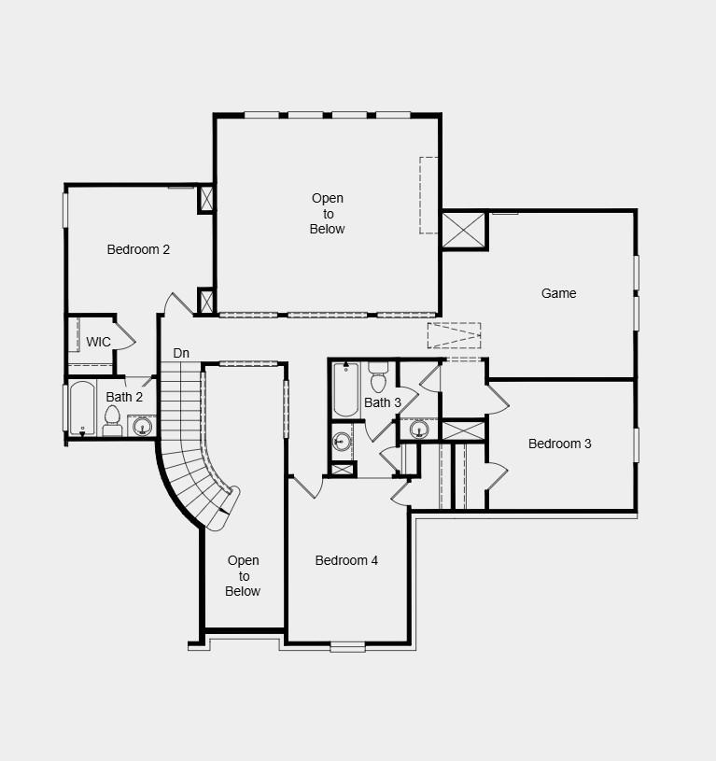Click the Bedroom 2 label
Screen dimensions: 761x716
click(138, 249)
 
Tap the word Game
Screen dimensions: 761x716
click(558, 293)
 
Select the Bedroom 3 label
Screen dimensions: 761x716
click(559, 444)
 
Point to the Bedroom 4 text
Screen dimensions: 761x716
click(346, 560)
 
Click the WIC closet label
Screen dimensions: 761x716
click(98, 342)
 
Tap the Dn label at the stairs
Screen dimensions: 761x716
click(181, 353)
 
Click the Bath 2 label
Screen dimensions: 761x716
click(124, 397)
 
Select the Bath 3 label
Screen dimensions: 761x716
click(383, 402)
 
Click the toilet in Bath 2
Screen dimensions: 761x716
click(113, 422)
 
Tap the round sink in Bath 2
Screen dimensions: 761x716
click(142, 427)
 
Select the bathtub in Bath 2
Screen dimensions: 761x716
click(82, 408)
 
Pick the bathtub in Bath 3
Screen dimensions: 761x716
click(346, 389)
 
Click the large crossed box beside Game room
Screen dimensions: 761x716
click(464, 231)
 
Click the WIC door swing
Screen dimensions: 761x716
click(125, 335)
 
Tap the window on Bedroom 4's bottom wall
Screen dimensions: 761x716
click(347, 645)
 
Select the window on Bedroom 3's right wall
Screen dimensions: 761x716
click(637, 444)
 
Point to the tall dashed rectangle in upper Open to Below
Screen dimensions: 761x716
click(428, 194)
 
